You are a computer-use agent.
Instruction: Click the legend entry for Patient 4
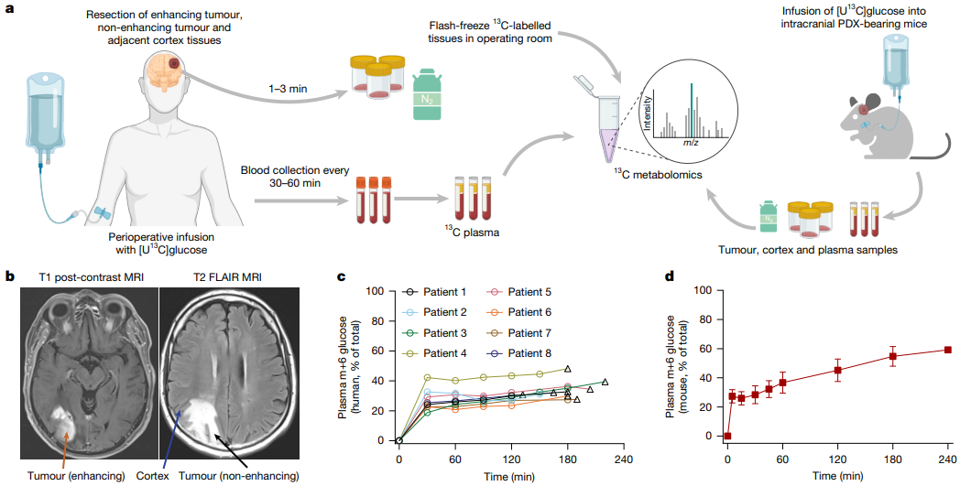point(433,353)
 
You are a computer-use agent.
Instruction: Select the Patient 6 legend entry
point(518,312)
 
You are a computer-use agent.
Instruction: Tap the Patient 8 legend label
point(518,353)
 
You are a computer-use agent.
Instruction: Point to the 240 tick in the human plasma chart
point(624,459)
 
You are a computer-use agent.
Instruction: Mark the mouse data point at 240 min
point(948,350)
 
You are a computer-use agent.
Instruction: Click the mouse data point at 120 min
point(838,370)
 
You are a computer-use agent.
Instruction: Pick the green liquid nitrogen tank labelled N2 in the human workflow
point(427,94)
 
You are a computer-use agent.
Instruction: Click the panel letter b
point(10,276)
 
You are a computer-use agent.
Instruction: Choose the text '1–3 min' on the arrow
point(288,89)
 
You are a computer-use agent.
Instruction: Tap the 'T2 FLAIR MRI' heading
point(227,277)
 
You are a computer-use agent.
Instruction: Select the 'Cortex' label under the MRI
point(152,476)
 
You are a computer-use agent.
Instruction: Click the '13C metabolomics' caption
point(658,175)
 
